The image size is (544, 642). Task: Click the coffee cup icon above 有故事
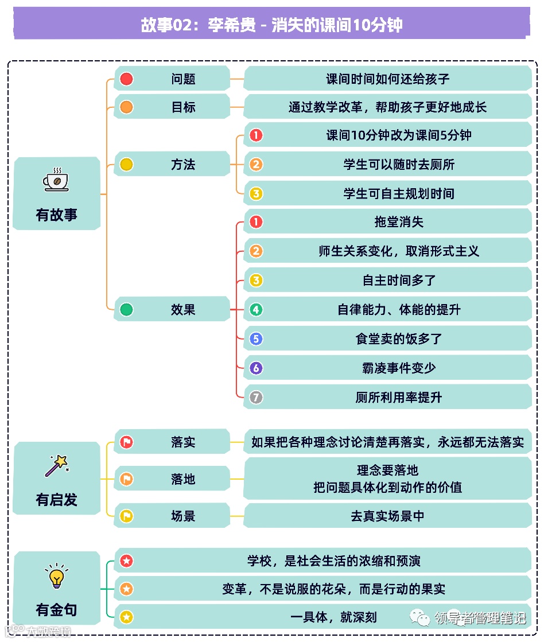(x=56, y=180)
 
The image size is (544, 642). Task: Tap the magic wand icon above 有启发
(x=56, y=466)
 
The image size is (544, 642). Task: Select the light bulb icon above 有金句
(x=56, y=577)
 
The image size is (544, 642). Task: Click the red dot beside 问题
(x=126, y=79)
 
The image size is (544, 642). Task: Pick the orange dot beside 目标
(x=126, y=107)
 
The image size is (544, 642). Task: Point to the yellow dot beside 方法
(x=126, y=165)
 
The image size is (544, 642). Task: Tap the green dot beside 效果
(x=126, y=310)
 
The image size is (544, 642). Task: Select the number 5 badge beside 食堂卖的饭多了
(x=256, y=339)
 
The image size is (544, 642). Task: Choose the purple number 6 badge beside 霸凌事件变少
(x=256, y=368)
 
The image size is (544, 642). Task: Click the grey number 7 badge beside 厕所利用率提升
(x=256, y=397)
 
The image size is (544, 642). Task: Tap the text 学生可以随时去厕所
(x=399, y=165)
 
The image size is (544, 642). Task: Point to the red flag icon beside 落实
(x=126, y=442)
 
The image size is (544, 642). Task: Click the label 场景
(x=183, y=516)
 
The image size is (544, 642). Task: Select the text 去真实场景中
(x=387, y=516)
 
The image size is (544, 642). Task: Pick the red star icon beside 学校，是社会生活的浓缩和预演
(x=126, y=560)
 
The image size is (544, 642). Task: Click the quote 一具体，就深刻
(x=333, y=617)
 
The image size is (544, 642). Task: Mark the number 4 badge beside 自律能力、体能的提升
(x=256, y=310)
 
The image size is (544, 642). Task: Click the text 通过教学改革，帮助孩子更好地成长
(x=387, y=107)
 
